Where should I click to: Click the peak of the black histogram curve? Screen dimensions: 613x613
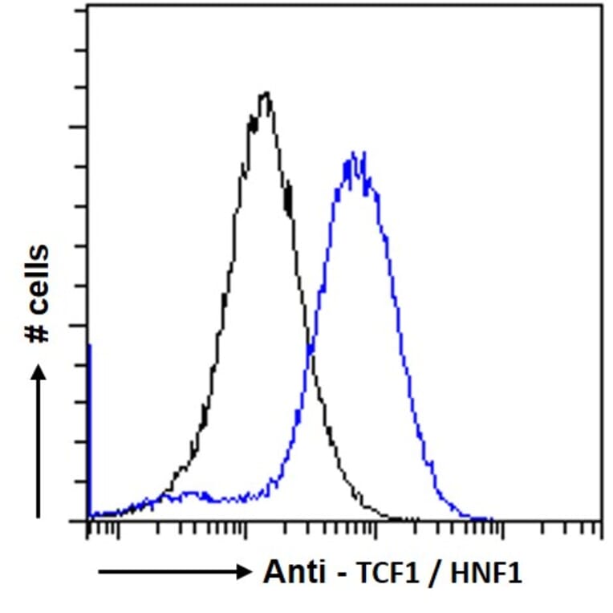[266, 94]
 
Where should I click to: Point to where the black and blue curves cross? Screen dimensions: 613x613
[310, 347]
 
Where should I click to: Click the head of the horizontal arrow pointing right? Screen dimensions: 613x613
[244, 571]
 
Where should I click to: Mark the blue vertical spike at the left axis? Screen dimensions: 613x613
[88, 425]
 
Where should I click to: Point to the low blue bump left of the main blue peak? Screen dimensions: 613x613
[193, 494]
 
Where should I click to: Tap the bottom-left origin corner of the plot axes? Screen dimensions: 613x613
[87, 520]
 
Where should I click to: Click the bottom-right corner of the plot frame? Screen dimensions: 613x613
[601, 520]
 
